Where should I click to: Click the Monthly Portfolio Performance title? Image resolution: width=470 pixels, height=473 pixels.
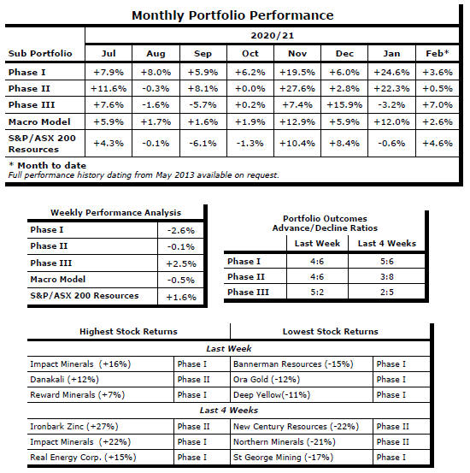[x=232, y=15]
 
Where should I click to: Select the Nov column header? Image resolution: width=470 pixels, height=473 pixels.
[x=297, y=53]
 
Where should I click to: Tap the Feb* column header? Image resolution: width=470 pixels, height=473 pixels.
[x=438, y=53]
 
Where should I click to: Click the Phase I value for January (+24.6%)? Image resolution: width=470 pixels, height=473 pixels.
[x=391, y=73]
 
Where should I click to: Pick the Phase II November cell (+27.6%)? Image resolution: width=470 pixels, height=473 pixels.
[x=297, y=89]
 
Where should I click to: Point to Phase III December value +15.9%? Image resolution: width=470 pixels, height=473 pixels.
[x=344, y=105]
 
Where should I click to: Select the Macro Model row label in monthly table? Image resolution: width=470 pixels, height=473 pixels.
[x=39, y=121]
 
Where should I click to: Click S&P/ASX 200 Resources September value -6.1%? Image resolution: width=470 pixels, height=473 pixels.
[x=203, y=144]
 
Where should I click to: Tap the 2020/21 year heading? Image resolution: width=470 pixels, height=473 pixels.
[x=273, y=36]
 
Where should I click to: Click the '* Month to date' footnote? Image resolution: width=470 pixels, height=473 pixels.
[x=47, y=165]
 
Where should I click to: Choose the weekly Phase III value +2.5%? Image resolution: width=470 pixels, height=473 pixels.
[x=181, y=263]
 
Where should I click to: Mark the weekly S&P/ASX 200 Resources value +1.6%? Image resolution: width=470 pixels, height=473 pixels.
[x=181, y=297]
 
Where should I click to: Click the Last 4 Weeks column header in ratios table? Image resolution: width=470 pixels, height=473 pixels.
[x=387, y=243]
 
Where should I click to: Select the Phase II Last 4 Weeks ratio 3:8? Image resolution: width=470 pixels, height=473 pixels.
[x=387, y=276]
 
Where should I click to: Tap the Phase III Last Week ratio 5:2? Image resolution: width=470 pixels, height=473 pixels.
[x=317, y=292]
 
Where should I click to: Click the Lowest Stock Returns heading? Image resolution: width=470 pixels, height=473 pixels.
[x=331, y=332]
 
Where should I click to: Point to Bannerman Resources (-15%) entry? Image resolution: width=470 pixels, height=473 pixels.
[x=293, y=364]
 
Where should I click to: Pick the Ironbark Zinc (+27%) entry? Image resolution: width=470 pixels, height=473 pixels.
[x=74, y=427]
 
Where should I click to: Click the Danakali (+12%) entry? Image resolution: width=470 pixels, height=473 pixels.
[x=64, y=380]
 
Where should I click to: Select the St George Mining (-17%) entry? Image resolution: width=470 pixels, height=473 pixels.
[x=283, y=458]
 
